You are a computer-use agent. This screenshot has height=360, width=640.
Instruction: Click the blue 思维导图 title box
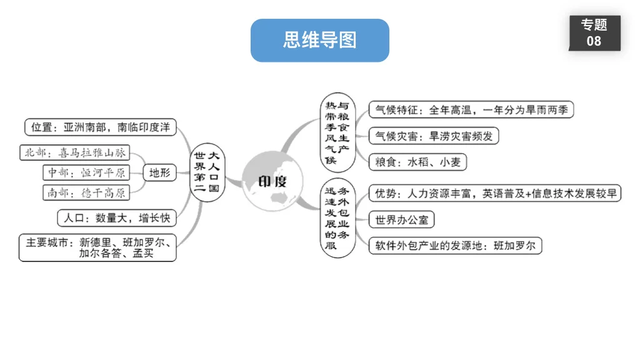(319, 41)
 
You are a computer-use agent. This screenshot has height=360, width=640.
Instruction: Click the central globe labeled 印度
(273, 181)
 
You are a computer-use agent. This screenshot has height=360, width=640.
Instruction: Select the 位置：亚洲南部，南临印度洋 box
(101, 127)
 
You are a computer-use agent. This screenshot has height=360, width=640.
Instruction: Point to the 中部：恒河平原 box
(87, 172)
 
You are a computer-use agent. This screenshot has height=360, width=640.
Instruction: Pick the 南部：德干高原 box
(87, 192)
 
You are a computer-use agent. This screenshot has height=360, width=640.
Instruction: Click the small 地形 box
(160, 172)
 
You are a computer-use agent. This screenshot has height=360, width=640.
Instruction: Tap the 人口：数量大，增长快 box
(116, 218)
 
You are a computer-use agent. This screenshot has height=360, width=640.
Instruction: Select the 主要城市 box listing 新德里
(97, 247)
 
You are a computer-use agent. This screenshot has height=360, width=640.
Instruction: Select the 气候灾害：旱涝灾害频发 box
(433, 136)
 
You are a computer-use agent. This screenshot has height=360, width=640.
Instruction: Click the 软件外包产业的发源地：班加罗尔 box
(455, 246)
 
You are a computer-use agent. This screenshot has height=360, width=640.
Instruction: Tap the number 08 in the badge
(594, 41)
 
